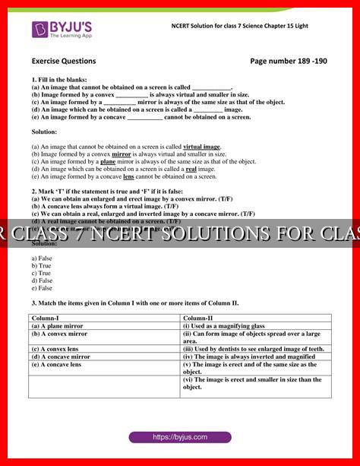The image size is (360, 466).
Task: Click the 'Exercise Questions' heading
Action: pos(64,61)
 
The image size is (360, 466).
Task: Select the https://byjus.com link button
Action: pos(179,437)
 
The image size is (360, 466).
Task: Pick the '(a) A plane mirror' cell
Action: pos(58,325)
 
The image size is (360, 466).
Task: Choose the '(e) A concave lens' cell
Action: pos(58,364)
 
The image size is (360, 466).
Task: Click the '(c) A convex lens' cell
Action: pos(57,349)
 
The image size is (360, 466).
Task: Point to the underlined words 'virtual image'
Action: pos(202,146)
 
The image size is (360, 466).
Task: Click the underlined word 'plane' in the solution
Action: pos(108,161)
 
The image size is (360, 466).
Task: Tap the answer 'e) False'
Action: pos(43,289)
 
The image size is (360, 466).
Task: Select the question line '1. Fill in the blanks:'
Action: pos(58,79)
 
